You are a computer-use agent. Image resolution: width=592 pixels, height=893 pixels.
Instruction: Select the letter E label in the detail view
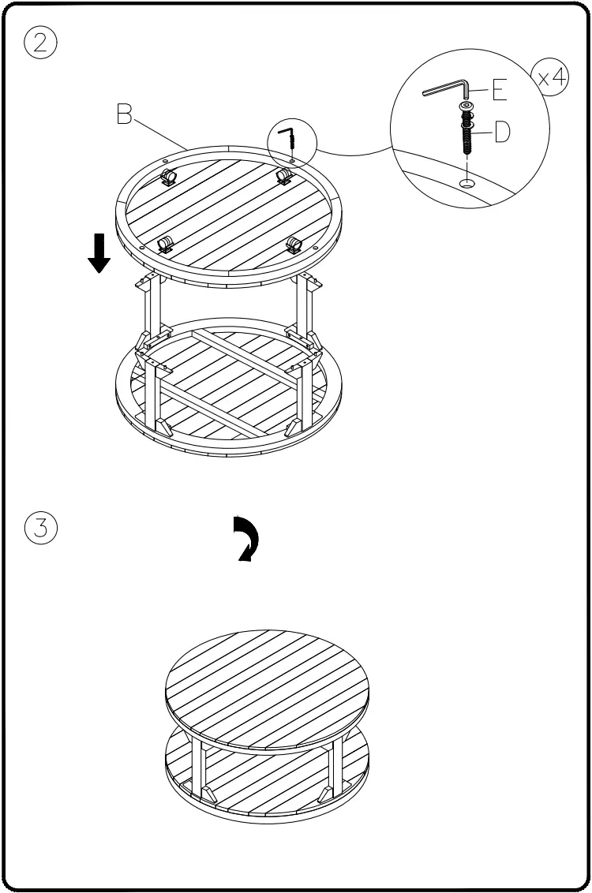pyautogui.click(x=499, y=92)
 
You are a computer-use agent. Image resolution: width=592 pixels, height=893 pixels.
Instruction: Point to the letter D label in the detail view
pyautogui.click(x=503, y=133)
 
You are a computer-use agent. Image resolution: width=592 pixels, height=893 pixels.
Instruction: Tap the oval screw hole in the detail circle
pyautogui.click(x=467, y=183)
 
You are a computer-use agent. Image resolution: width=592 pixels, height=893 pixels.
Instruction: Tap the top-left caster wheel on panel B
pyautogui.click(x=168, y=177)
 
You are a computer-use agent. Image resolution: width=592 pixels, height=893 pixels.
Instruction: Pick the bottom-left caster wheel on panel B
pyautogui.click(x=164, y=244)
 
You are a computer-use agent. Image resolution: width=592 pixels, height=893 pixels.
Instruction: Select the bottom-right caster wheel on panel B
pyautogui.click(x=294, y=244)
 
